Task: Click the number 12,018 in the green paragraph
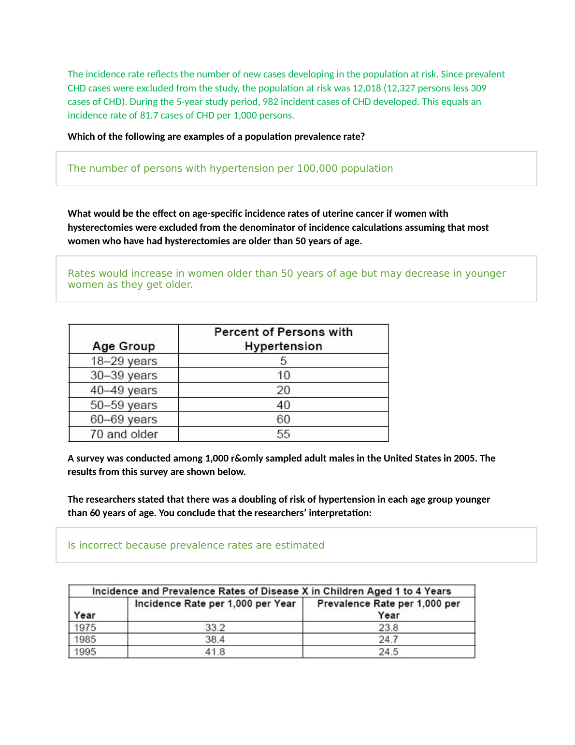point(366,88)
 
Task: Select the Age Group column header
point(124,346)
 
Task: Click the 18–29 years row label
point(124,361)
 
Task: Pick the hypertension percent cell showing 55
point(283,434)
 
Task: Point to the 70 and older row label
point(124,434)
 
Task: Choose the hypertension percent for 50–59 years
point(283,405)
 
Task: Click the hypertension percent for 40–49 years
point(283,390)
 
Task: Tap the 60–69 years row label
point(124,419)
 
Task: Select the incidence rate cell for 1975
point(215,627)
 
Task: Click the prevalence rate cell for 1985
point(388,640)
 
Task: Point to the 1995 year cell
point(85,652)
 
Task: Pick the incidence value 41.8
point(215,652)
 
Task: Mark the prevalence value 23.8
point(388,627)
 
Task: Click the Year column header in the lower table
point(85,615)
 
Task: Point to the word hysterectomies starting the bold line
point(100,227)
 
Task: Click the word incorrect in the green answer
point(101,545)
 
